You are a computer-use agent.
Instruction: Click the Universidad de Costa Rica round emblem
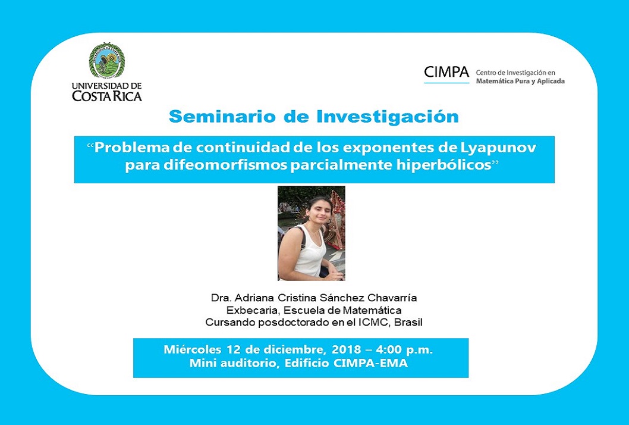106,60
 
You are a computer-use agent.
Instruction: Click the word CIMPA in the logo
446,72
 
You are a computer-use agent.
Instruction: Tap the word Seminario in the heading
222,117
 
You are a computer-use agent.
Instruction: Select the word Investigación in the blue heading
388,117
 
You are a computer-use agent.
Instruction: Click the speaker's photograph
312,233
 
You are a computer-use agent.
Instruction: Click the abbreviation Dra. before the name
221,298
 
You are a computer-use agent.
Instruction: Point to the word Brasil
408,322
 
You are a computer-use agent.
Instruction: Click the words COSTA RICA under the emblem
106,96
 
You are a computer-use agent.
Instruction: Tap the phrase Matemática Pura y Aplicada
520,81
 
